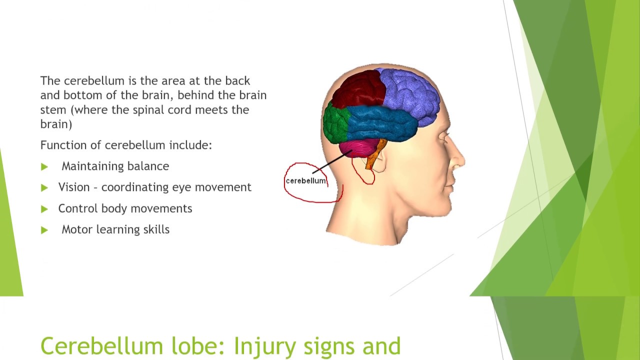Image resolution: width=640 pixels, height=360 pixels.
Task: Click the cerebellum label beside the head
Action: (305, 181)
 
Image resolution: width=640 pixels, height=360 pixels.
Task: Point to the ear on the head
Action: (381, 161)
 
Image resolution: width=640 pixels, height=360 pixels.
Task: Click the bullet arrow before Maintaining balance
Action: (44, 166)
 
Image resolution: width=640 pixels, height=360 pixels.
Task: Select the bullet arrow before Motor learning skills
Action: (44, 230)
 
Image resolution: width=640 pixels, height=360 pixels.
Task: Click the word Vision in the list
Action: (74, 187)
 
